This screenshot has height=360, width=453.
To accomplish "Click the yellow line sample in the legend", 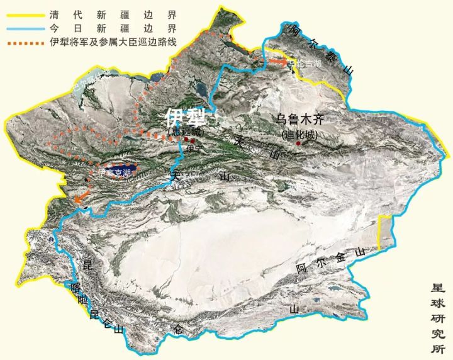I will (x=24, y=14).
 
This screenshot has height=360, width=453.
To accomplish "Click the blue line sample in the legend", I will (x=24, y=28).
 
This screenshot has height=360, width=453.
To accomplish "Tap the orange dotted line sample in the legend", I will (x=24, y=42).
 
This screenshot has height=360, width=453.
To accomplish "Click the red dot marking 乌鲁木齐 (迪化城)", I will (x=299, y=143).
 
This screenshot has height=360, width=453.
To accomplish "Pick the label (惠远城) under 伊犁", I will (x=186, y=131).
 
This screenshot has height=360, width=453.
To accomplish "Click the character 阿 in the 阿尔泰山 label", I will (x=291, y=28).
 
